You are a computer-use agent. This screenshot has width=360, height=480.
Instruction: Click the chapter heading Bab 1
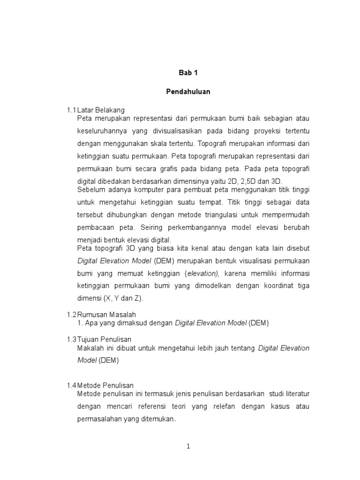[x=187, y=73]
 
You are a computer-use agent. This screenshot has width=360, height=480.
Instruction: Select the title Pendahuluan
[x=187, y=92]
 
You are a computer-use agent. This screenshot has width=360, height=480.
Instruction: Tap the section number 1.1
[x=71, y=110]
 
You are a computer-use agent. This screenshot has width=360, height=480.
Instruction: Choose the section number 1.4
[x=71, y=385]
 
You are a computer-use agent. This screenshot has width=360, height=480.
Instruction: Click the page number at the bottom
[x=187, y=446]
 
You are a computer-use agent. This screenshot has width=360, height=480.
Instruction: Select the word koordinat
[x=267, y=285]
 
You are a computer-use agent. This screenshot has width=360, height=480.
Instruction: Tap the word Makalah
[x=91, y=348]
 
